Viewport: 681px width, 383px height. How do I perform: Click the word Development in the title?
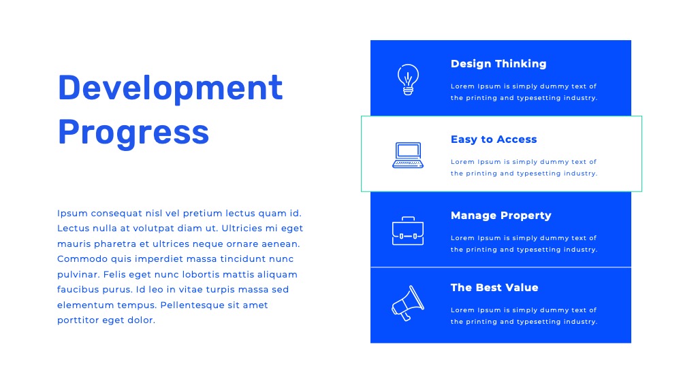(170, 88)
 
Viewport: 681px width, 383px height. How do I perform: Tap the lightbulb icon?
(408, 80)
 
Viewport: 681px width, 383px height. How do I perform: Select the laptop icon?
(408, 155)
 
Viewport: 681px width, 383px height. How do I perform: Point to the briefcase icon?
(408, 231)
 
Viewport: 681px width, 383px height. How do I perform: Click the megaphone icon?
(408, 303)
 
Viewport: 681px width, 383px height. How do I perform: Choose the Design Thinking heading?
(498, 64)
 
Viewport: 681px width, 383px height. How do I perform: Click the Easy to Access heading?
(494, 139)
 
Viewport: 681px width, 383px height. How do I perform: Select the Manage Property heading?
(501, 216)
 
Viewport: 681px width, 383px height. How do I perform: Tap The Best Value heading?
(494, 288)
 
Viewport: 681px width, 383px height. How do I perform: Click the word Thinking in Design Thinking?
(521, 64)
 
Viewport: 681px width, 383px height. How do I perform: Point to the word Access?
(517, 139)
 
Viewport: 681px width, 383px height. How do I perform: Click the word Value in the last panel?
(520, 288)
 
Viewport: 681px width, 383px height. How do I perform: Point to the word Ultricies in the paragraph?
(242, 228)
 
